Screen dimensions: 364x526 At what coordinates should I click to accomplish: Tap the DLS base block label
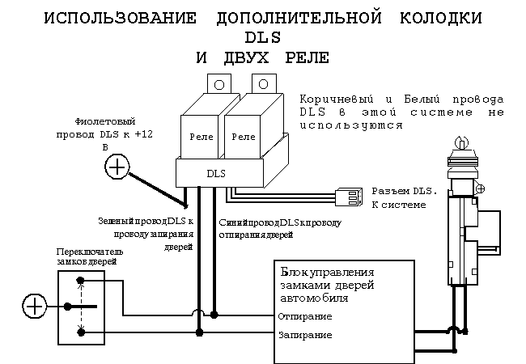click(x=216, y=173)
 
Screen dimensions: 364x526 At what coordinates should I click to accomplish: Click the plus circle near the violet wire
click(x=117, y=167)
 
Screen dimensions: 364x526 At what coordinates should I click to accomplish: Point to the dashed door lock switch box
click(x=79, y=306)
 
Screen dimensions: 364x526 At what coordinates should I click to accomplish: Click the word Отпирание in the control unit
click(x=304, y=315)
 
